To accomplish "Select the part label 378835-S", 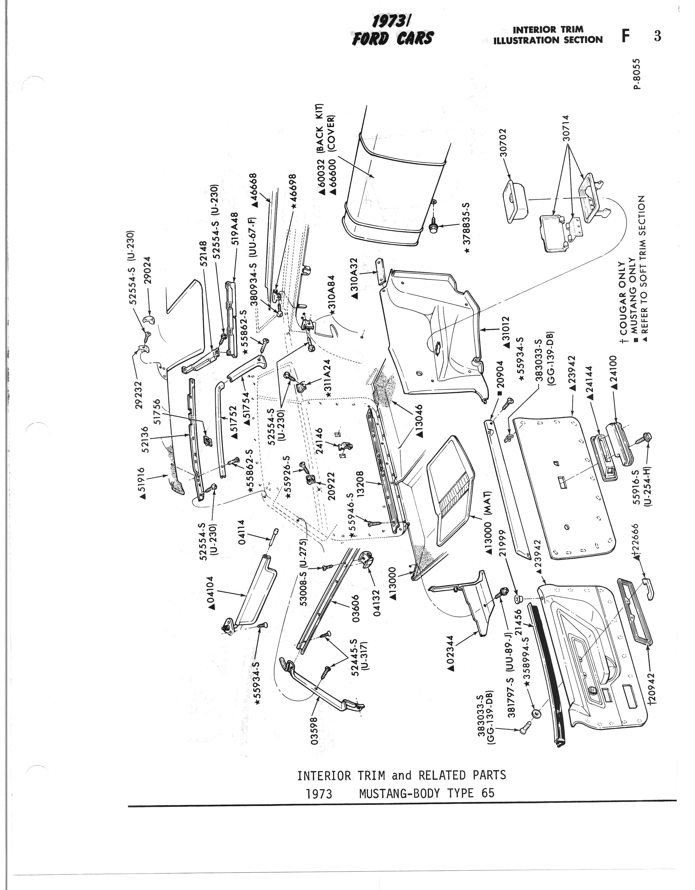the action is pyautogui.click(x=467, y=228).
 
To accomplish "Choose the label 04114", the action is pyautogui.click(x=242, y=532).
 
